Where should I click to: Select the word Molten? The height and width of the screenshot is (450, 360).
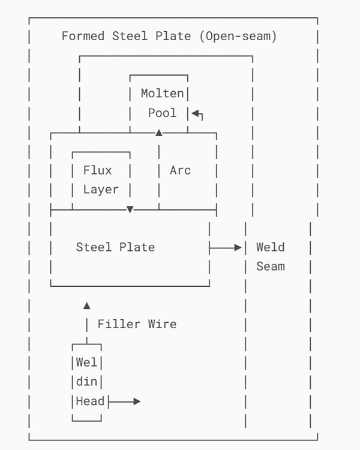click(163, 93)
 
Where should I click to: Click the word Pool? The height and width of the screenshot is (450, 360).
click(163, 113)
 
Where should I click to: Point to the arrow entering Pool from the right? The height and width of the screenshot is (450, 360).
click(197, 113)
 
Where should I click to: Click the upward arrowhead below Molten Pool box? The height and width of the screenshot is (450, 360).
click(159, 133)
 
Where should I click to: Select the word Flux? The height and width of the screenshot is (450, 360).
click(97, 170)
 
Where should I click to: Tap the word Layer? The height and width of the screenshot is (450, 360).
click(101, 190)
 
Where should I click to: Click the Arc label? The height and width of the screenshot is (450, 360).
click(180, 170)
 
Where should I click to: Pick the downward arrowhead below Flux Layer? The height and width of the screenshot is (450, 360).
click(130, 209)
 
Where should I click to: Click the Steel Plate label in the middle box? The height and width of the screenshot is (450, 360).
click(115, 247)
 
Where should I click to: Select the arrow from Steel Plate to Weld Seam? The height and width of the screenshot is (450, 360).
click(226, 247)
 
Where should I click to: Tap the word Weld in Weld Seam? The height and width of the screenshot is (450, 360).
click(270, 247)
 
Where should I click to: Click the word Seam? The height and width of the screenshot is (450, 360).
click(270, 266)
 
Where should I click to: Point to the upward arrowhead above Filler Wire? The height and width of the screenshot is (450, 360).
click(87, 305)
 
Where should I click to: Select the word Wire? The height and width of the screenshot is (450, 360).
click(162, 324)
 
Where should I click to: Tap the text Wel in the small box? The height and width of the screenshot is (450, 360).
click(86, 362)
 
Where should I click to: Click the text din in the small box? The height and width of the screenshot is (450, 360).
click(86, 382)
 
